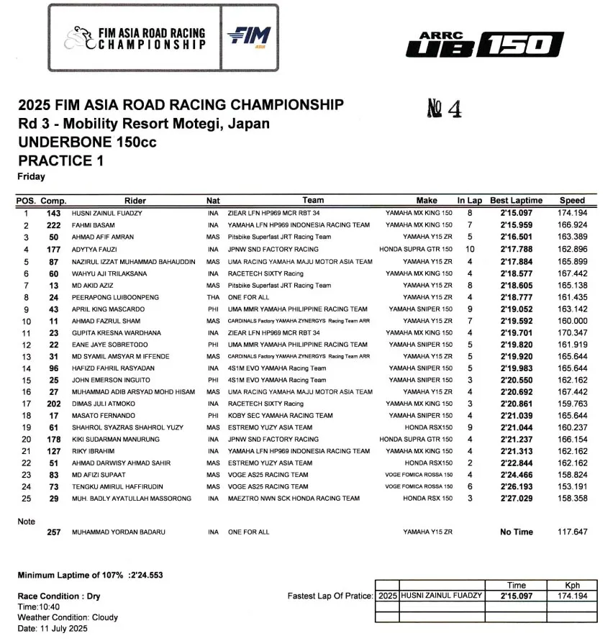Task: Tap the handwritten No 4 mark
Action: coord(444,109)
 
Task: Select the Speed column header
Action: coord(572,201)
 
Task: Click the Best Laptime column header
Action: coord(517,201)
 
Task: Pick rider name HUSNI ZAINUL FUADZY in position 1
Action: coord(107,214)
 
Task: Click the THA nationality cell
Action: coord(213,296)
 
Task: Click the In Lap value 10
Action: coord(469,249)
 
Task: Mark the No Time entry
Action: coord(516,532)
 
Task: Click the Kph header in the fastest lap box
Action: coord(572,586)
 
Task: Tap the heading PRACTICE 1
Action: coord(60,160)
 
